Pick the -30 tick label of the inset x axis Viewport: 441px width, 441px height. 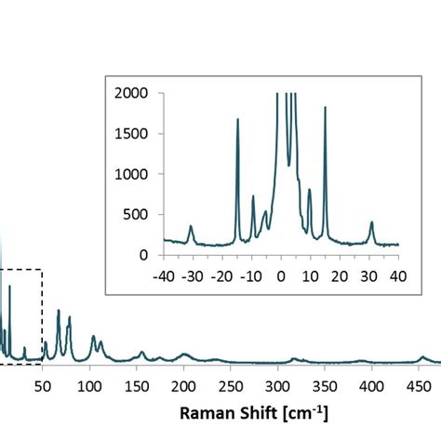[x=192, y=275]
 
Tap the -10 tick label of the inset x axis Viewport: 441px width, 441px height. [x=250, y=275]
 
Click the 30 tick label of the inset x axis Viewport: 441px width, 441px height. [x=369, y=275]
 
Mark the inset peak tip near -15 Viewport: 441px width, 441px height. [x=237, y=119]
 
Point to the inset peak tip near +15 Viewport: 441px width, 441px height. [x=326, y=108]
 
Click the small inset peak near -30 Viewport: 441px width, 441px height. [x=191, y=226]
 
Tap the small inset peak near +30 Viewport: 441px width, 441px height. [x=371, y=222]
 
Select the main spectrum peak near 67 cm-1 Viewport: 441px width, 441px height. [x=59, y=311]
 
